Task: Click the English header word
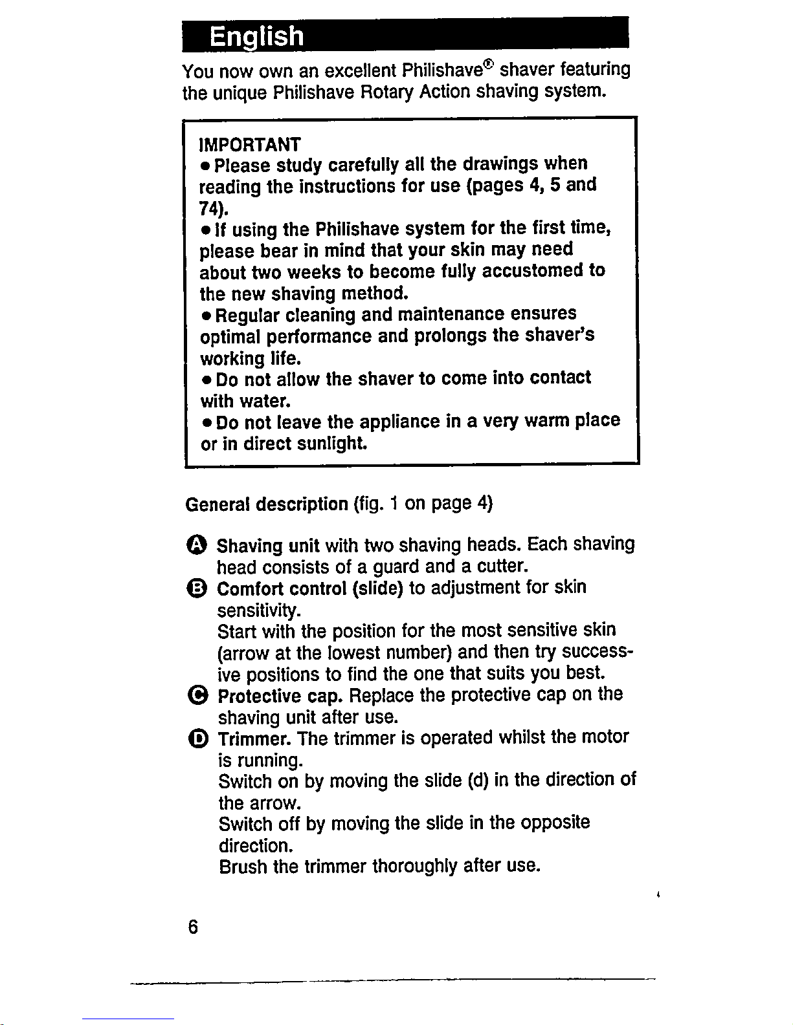pyautogui.click(x=256, y=36)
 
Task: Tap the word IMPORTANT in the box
pyautogui.click(x=250, y=142)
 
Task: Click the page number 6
pyautogui.click(x=192, y=927)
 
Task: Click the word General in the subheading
pyautogui.click(x=218, y=504)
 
